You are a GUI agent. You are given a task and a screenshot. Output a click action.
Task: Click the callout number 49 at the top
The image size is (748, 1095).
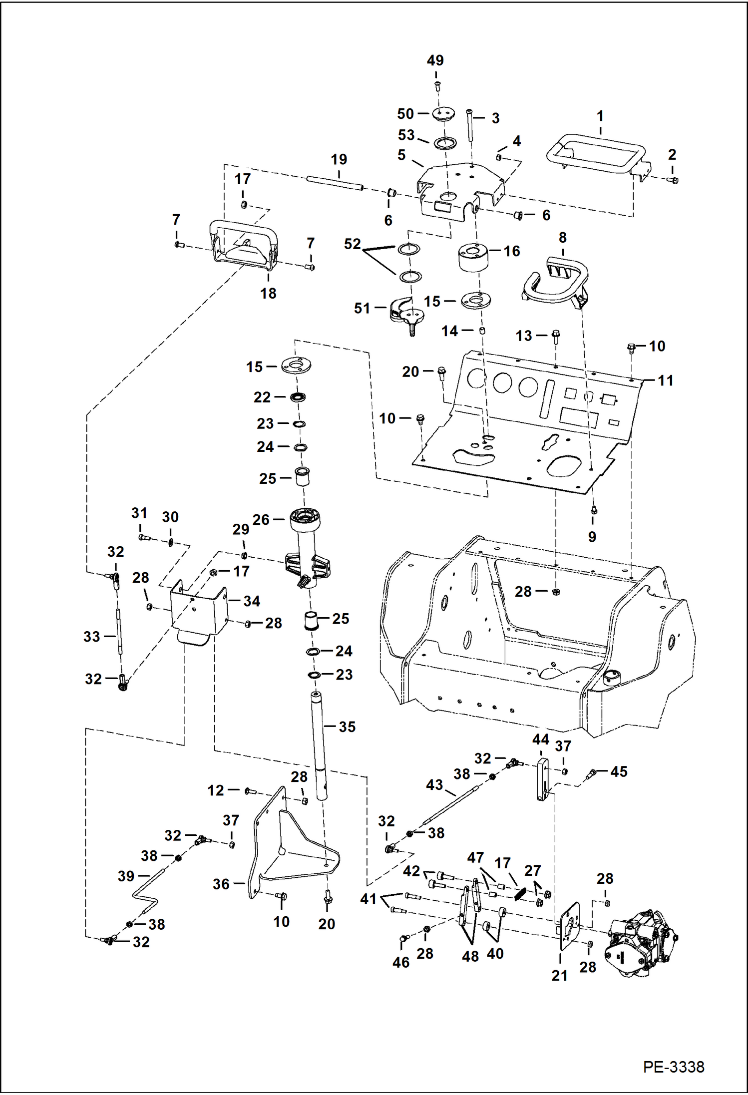[435, 60]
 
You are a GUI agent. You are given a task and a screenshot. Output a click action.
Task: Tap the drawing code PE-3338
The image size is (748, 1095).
[673, 1067]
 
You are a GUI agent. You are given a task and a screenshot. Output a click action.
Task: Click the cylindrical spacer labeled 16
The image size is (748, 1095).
[473, 257]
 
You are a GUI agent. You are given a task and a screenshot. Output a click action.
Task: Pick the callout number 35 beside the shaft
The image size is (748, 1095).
[347, 727]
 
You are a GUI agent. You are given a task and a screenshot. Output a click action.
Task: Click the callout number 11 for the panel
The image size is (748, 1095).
[665, 380]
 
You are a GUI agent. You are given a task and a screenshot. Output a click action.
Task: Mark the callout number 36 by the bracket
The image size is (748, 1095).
[221, 884]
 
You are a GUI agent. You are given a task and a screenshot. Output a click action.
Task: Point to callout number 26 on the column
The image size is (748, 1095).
[261, 520]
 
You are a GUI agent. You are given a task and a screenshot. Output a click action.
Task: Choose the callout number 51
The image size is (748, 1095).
[362, 308]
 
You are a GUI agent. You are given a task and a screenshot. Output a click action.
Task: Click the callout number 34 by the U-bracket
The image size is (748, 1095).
[252, 601]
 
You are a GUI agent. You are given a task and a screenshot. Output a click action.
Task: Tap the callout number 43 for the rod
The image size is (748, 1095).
[434, 785]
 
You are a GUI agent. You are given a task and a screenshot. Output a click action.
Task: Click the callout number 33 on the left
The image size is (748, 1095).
[91, 637]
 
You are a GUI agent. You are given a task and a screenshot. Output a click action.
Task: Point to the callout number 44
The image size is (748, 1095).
[540, 739]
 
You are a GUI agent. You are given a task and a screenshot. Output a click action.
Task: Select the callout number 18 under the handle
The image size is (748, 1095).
[268, 293]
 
